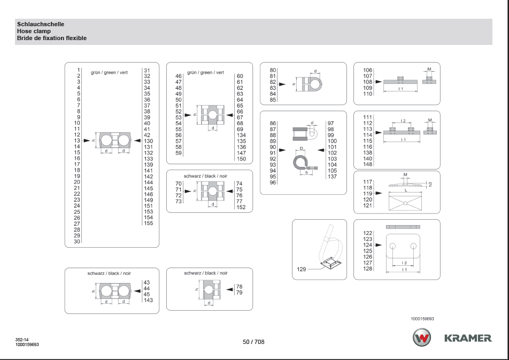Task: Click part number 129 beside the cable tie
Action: coord(301,269)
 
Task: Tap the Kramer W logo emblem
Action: coord(421,337)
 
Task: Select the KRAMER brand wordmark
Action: coord(468,338)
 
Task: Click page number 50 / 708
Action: coord(253,342)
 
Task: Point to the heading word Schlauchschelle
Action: coord(41,24)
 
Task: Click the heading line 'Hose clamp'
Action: coord(34,31)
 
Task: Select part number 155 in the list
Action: coord(148,223)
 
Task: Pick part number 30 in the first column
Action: coord(77,241)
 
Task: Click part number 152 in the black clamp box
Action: coord(241,208)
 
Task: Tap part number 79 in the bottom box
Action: coord(239,293)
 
